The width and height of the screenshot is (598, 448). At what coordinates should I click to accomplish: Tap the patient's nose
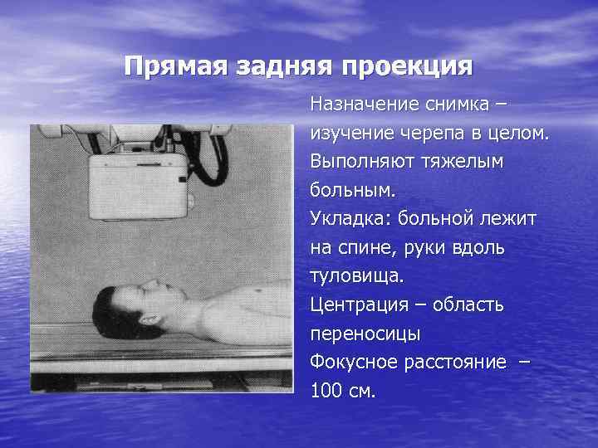coord(147,285)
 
